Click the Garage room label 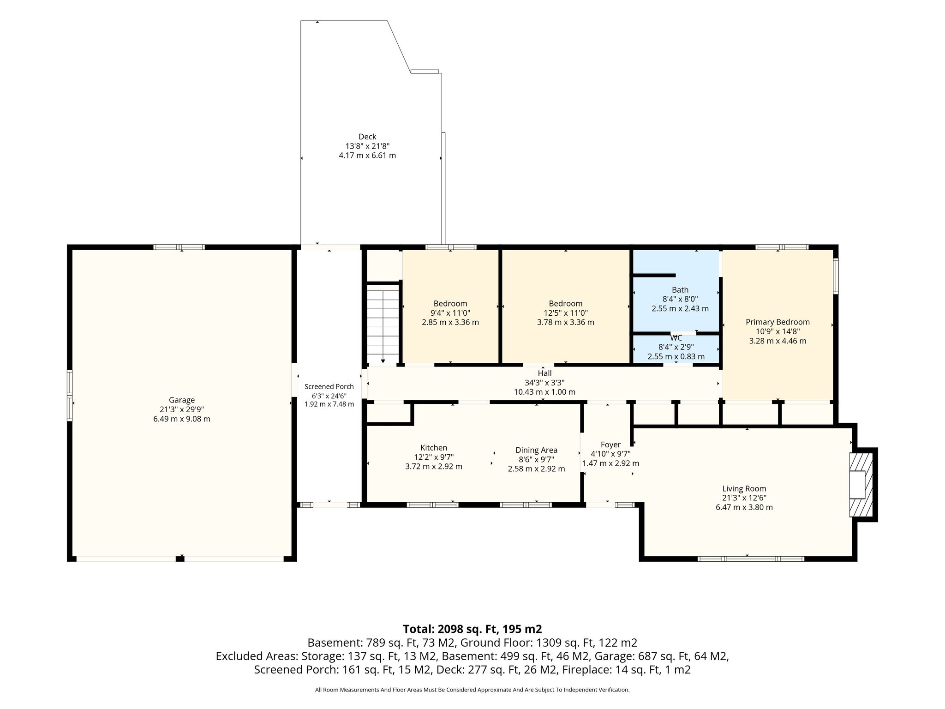click(x=182, y=400)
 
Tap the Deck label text click(x=367, y=137)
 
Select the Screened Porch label click(x=329, y=386)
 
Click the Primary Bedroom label click(x=778, y=322)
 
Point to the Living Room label click(x=744, y=488)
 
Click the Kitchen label click(x=434, y=448)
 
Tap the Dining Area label click(x=536, y=450)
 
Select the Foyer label click(x=610, y=445)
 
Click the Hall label click(x=544, y=373)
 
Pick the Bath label click(x=680, y=290)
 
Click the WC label click(x=676, y=338)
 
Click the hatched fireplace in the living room click(x=861, y=491)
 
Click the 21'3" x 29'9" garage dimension click(x=182, y=409)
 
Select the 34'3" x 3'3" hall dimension click(x=544, y=383)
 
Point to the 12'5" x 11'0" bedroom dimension click(x=566, y=313)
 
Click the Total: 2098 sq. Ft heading click(x=472, y=629)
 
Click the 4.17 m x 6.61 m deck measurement click(x=367, y=156)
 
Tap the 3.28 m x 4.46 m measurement click(x=778, y=341)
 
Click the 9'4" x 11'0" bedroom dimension click(x=450, y=313)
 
